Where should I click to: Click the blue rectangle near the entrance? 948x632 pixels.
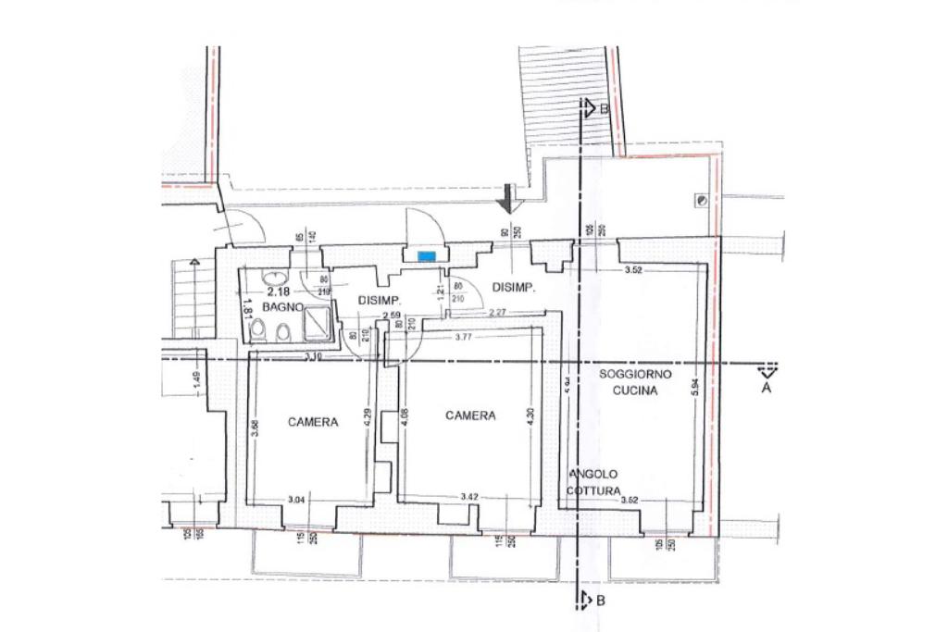[427, 255]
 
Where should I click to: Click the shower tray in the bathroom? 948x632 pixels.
[318, 325]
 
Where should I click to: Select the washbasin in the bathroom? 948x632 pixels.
[274, 276]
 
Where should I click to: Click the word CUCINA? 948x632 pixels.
[635, 390]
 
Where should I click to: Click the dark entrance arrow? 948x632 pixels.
[506, 198]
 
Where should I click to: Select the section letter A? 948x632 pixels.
[766, 389]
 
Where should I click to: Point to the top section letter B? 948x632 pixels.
[604, 108]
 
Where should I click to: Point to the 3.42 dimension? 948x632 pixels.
[469, 498]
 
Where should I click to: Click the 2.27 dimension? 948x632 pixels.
[498, 311]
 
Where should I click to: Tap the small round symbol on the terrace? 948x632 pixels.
[703, 200]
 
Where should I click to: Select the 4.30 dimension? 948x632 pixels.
[530, 416]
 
